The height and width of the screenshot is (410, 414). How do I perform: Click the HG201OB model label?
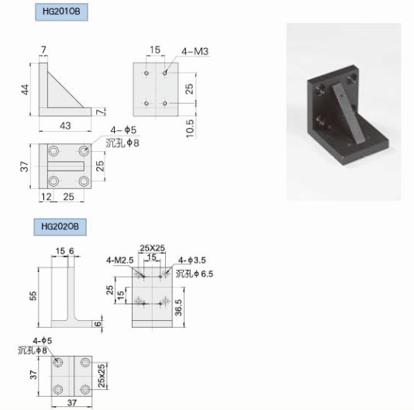point(61,12)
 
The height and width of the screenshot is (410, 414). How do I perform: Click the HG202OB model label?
point(60,226)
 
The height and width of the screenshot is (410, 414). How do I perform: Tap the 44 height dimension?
point(25,89)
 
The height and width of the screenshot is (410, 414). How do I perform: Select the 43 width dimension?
point(65,126)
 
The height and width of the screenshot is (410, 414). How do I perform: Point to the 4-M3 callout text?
point(195,51)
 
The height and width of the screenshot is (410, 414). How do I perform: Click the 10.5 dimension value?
point(190,129)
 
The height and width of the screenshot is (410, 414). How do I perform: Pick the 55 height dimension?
point(33,296)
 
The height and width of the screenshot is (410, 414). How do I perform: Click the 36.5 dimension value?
point(179,307)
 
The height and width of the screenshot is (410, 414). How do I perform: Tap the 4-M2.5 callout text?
point(120,260)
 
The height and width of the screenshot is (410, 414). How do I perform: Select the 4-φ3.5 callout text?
point(192,260)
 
